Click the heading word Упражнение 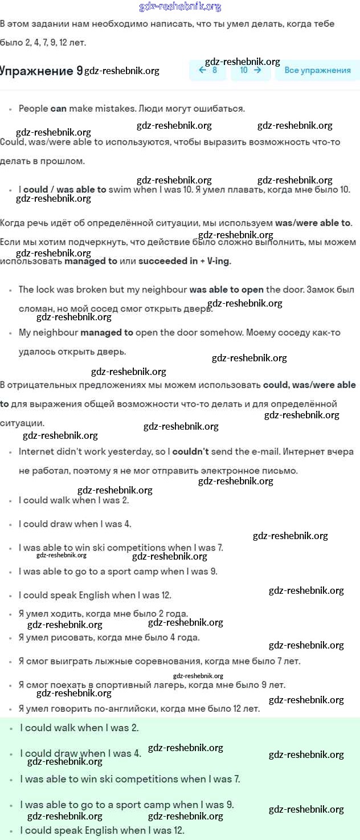pos(36,71)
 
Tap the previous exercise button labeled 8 pos(208,70)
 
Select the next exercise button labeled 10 pos(250,70)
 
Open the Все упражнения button pos(317,70)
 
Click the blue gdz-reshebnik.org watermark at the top pos(180,7)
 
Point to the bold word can pos(59,108)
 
